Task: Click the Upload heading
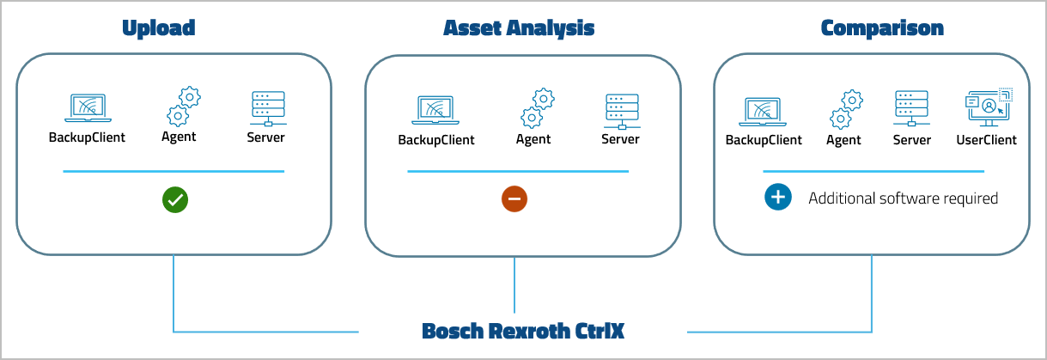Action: tap(159, 28)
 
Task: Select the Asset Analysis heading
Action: tap(519, 28)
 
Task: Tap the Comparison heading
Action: tap(882, 28)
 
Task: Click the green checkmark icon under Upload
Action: tap(175, 200)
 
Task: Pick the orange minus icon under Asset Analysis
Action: tap(514, 199)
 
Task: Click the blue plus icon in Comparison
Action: tap(777, 198)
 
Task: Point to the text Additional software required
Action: tap(903, 198)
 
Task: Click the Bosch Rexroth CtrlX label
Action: tap(522, 331)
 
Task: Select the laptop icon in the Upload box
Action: tap(87, 108)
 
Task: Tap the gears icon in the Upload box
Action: tap(182, 107)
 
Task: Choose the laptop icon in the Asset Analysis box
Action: tap(435, 111)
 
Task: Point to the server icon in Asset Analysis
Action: tap(620, 110)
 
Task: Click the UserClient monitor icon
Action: tap(989, 108)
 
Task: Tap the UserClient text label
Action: tap(986, 140)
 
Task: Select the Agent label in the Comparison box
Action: tap(843, 140)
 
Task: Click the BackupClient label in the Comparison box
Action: tap(764, 140)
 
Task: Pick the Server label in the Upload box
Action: tap(266, 137)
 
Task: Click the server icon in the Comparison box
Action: tap(911, 110)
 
